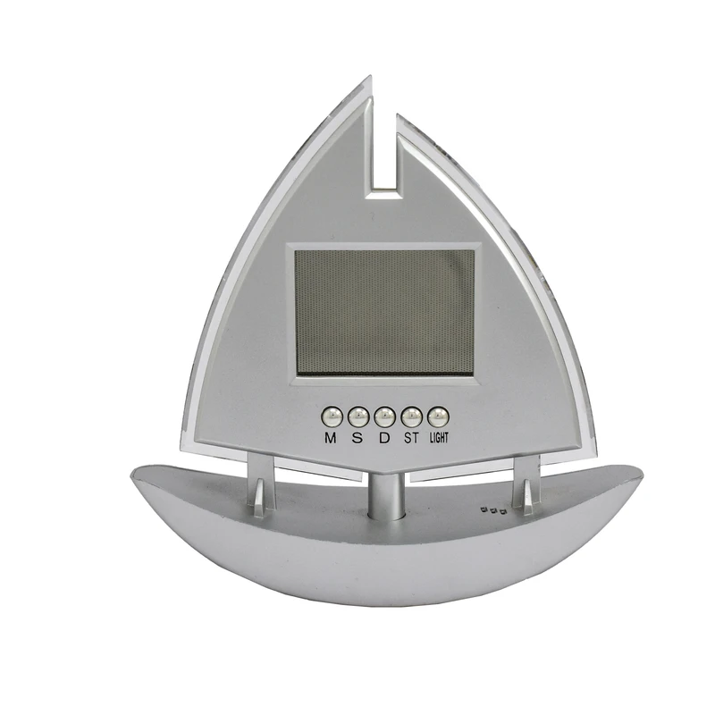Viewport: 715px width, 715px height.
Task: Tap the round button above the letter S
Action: (x=358, y=416)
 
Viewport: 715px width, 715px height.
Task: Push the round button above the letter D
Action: (x=384, y=416)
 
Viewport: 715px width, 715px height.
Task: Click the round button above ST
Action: (x=411, y=416)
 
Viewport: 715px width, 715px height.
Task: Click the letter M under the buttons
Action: (x=331, y=438)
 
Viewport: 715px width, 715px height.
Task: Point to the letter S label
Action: (x=358, y=438)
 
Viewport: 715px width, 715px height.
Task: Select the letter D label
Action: (x=385, y=438)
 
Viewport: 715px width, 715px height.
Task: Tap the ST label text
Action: (x=411, y=438)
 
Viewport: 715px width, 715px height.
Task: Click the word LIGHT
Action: (x=439, y=438)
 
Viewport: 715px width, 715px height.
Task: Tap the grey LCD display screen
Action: (x=384, y=313)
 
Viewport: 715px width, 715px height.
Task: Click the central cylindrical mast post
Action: (x=385, y=496)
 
